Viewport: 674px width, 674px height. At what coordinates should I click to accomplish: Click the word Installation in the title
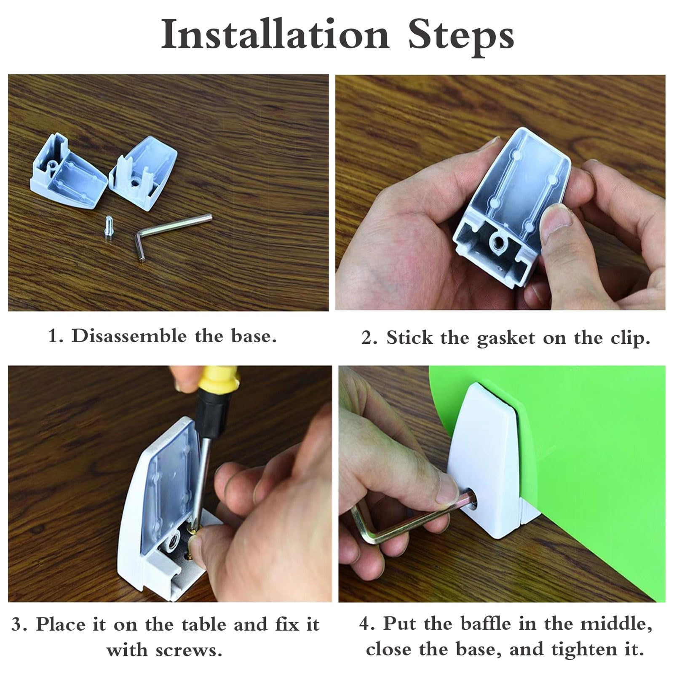tap(275, 35)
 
